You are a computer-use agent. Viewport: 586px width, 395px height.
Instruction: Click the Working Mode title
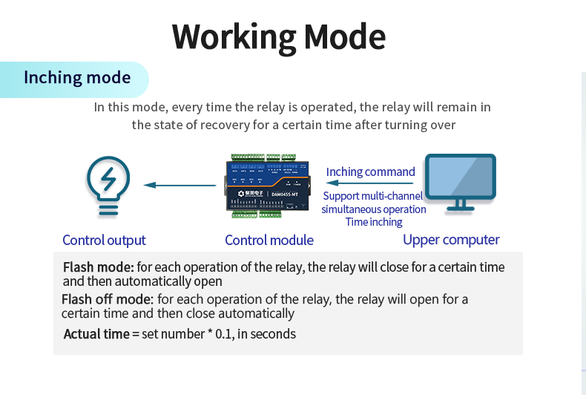279,36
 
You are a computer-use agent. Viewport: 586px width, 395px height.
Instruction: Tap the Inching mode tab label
77,78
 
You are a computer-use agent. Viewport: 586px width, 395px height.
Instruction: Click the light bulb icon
108,186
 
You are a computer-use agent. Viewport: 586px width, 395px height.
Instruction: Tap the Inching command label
370,172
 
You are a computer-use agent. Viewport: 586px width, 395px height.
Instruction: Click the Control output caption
104,240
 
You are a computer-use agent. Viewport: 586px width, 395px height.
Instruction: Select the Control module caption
269,240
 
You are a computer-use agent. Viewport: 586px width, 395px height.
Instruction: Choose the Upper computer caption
451,239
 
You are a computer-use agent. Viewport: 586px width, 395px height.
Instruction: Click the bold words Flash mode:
98,267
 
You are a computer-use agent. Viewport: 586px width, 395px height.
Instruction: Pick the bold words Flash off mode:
108,299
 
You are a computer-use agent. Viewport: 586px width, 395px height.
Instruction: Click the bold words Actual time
96,334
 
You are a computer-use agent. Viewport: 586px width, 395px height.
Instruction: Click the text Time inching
373,222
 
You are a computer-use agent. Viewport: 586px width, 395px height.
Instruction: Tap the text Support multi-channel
372,197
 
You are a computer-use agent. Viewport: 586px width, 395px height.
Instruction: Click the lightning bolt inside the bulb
108,179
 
